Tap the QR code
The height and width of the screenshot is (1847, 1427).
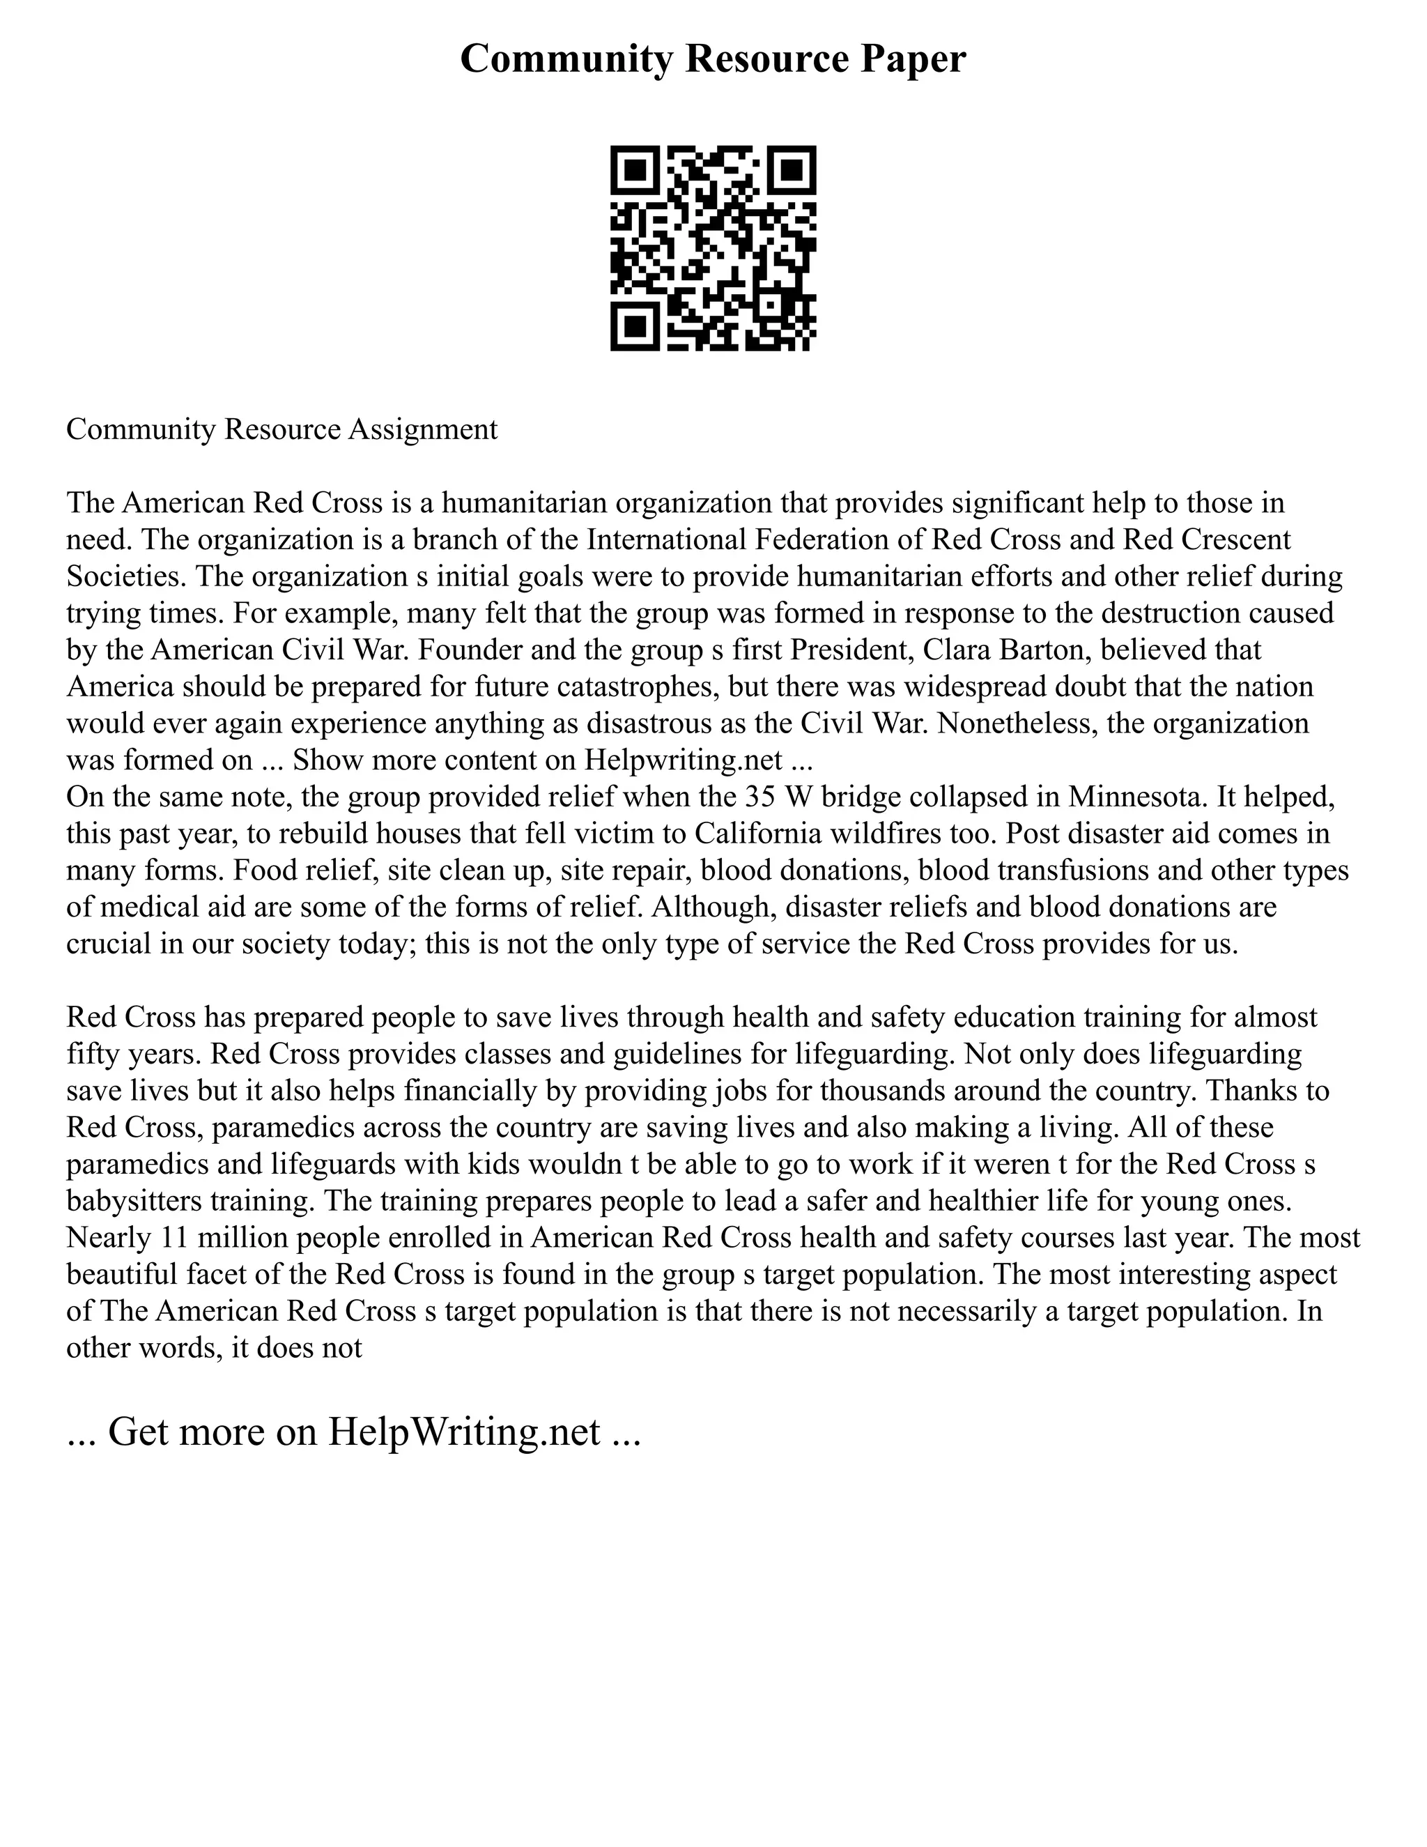click(x=713, y=248)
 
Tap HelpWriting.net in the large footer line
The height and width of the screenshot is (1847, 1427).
click(x=464, y=1432)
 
